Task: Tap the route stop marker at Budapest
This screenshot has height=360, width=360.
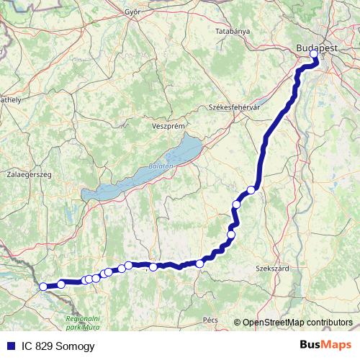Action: coord(314,53)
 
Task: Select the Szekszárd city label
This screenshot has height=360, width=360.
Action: coord(272,268)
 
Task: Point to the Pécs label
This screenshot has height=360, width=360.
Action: coord(210,318)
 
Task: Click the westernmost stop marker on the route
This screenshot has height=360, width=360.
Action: coord(43,287)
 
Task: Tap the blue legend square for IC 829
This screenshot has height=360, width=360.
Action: coord(9,346)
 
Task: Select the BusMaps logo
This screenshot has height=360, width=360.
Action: coord(325,346)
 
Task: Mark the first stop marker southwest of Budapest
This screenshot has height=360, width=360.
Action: coord(251,190)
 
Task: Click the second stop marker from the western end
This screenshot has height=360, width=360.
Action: coord(61,284)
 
